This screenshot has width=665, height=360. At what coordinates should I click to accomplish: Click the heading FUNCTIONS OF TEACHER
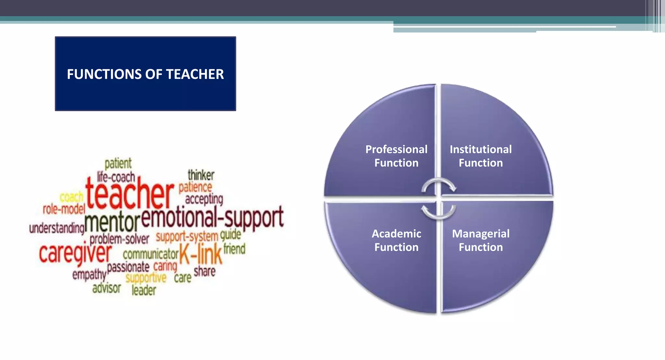tap(145, 74)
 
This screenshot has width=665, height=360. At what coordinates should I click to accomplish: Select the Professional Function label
tap(396, 156)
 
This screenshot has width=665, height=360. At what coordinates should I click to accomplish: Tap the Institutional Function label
tap(481, 156)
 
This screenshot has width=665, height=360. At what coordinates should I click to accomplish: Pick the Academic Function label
tap(396, 240)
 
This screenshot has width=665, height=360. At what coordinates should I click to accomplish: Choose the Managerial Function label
tap(481, 240)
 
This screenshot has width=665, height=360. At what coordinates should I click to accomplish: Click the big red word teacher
tap(130, 194)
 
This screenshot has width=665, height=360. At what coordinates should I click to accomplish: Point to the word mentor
tap(112, 222)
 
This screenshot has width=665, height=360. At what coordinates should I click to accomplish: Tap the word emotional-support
tap(212, 217)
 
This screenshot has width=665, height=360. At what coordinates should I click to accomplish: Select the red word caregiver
tap(75, 254)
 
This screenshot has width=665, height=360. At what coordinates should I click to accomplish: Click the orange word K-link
tap(201, 254)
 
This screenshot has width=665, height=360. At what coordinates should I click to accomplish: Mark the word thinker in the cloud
tap(201, 175)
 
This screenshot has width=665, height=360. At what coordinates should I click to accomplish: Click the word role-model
tap(64, 209)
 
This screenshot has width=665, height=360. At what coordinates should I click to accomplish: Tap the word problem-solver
tap(119, 240)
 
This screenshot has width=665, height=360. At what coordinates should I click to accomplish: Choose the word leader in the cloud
tap(144, 290)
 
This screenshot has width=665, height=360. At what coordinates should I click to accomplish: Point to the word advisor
tap(107, 288)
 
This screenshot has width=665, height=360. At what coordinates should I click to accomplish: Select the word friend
tap(234, 249)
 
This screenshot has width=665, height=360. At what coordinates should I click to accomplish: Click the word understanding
tap(57, 228)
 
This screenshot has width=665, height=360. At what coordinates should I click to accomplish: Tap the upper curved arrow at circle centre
tap(439, 185)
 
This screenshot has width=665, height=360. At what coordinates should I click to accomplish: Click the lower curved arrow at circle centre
tap(439, 212)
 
